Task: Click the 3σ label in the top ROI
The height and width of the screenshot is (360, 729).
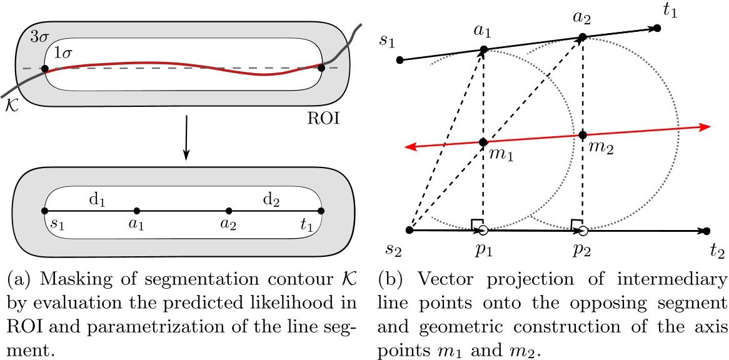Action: [x=39, y=36]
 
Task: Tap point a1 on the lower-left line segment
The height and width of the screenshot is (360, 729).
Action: [x=137, y=211]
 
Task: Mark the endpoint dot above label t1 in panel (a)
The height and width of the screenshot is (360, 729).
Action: [x=321, y=211]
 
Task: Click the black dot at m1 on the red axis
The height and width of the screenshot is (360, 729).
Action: [x=483, y=142]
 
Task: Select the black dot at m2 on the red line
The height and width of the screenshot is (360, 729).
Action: [x=583, y=134]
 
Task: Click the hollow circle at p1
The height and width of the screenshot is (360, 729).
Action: [x=483, y=231]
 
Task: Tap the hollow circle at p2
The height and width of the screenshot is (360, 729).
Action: [x=583, y=231]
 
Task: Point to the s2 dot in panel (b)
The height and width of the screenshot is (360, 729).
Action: [x=410, y=230]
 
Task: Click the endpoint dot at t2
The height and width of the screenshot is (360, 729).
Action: [x=706, y=231]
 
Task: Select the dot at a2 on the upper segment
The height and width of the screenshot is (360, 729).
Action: [x=582, y=37]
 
